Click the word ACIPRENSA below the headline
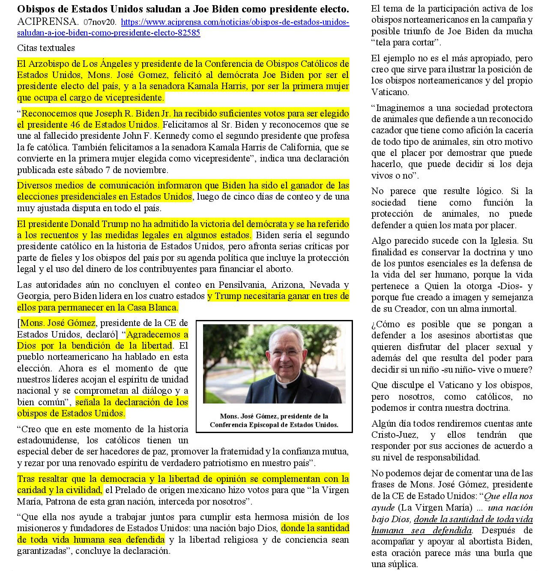[48, 21]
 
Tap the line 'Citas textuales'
[46, 48]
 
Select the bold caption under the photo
[274, 421]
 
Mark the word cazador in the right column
[389, 130]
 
